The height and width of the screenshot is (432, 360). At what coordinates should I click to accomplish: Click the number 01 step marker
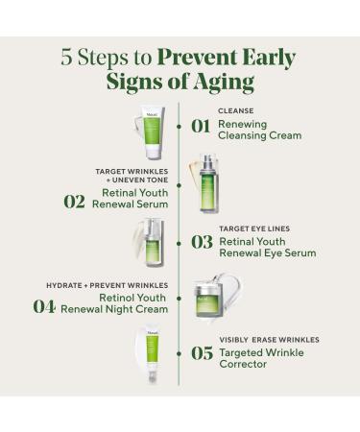[x=201, y=126]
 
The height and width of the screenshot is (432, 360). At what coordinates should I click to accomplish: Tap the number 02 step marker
[x=75, y=200]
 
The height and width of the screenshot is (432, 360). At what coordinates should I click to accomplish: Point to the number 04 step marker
[x=44, y=305]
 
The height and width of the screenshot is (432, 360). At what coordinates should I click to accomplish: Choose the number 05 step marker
[x=202, y=353]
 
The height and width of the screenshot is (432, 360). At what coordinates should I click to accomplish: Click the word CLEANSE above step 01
[x=235, y=109]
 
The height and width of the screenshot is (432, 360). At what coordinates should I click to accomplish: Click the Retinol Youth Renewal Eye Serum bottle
[x=152, y=245]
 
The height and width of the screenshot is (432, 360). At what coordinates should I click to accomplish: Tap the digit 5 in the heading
[x=66, y=57]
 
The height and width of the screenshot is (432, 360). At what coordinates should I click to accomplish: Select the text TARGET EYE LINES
[x=253, y=228]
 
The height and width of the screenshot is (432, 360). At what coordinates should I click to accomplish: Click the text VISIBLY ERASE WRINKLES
[x=269, y=339]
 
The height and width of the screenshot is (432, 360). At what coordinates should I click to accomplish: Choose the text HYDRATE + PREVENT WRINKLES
[x=107, y=285]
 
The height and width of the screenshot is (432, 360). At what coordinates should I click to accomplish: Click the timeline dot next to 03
[x=180, y=242]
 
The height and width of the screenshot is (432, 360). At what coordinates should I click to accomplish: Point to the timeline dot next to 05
[x=180, y=353]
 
